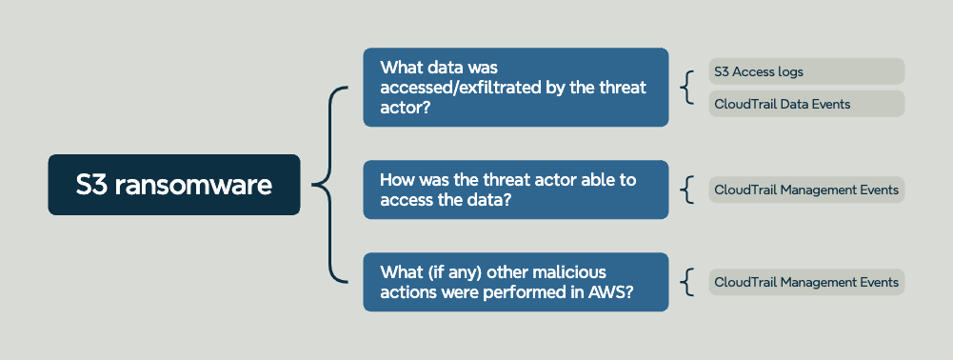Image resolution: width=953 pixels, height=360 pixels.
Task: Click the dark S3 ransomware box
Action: coord(174,184)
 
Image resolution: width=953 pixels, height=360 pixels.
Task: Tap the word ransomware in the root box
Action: coord(193,185)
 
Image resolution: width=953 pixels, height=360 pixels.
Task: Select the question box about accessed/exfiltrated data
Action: coord(515,87)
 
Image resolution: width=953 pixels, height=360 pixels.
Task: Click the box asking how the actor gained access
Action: coord(515,190)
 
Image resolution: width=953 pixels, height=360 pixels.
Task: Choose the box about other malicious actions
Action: coord(515,282)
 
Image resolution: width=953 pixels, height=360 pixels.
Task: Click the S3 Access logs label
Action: coord(806,71)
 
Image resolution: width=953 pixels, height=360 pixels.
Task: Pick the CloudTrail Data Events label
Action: coord(806,104)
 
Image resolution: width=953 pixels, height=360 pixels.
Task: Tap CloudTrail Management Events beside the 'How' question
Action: coord(806,190)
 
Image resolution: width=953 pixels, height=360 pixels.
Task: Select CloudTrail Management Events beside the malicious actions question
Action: coord(806,282)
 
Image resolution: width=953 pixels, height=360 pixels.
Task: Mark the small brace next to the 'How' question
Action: coord(686,190)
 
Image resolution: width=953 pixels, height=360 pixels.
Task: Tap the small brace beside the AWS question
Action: coord(686,282)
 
